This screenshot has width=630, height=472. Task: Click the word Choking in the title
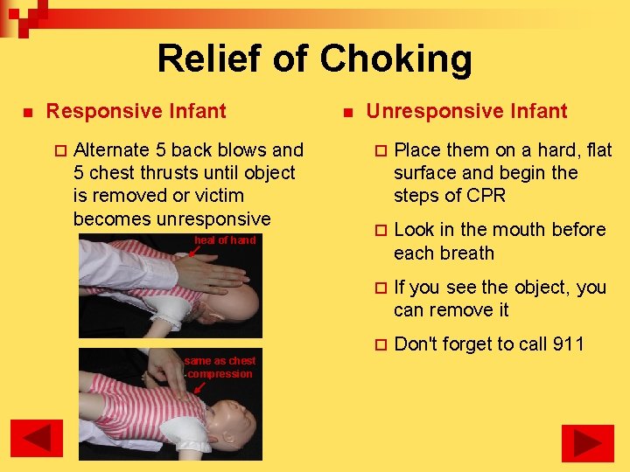point(395,59)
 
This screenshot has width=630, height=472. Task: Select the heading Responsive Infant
point(136,111)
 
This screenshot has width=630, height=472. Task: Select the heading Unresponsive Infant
point(466,111)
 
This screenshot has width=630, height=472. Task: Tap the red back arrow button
point(36,439)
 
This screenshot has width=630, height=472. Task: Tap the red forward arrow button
point(587,442)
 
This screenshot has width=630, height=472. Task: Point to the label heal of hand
point(225,240)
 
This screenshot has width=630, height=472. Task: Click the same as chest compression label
point(220,367)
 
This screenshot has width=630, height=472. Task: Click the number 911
point(567,344)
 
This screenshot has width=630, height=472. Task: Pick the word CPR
point(486,196)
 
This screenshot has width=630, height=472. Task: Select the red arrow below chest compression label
point(200,387)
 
